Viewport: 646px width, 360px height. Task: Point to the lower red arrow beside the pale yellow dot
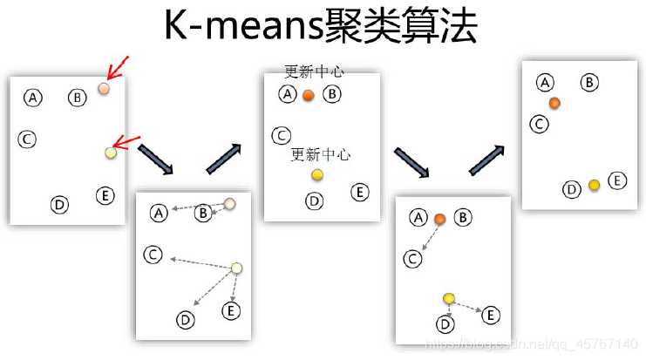127,144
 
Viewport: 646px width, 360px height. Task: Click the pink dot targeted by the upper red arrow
104,89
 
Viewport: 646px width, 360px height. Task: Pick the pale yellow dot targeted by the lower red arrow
111,153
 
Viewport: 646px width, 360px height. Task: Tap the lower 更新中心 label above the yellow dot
320,154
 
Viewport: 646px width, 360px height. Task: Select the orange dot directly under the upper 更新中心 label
308,95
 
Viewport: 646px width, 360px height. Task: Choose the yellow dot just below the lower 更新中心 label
317,175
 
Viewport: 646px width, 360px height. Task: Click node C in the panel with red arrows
27,139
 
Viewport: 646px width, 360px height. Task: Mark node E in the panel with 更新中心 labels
359,192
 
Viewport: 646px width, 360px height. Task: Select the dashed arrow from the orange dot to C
427,236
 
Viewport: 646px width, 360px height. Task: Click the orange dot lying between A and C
554,103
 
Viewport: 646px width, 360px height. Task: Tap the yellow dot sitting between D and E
594,185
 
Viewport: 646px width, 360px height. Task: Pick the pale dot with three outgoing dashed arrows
236,268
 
